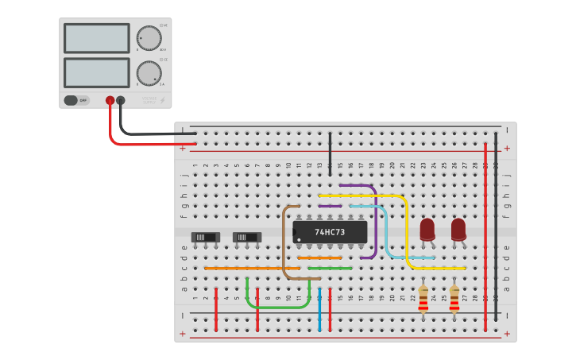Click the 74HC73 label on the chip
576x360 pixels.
[x=330, y=232]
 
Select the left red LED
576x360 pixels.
[x=427, y=229]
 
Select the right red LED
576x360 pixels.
[x=458, y=229]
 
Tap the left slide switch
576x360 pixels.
[x=205, y=237]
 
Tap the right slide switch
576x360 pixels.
[x=246, y=237]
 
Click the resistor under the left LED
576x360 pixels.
[x=423, y=299]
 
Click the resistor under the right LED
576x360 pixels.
[x=454, y=299]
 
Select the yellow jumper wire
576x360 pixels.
[x=406, y=230]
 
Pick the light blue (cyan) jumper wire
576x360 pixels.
[x=386, y=234]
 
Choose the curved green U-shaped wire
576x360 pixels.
[x=278, y=307]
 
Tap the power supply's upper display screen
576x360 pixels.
[x=96, y=38]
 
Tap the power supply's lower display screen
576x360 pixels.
[x=96, y=72]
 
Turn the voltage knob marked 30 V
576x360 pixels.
[x=149, y=38]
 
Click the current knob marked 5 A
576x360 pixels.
[x=149, y=73]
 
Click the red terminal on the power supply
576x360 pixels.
[x=110, y=101]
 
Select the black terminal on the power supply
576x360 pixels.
[x=121, y=101]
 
